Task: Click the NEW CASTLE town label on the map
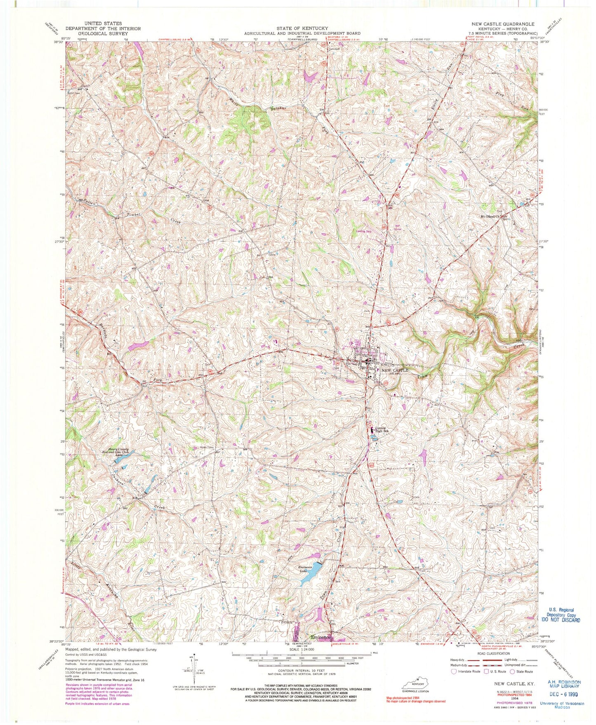tap(395, 370)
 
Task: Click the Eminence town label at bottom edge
tap(321, 637)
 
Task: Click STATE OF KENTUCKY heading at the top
tap(302, 28)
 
